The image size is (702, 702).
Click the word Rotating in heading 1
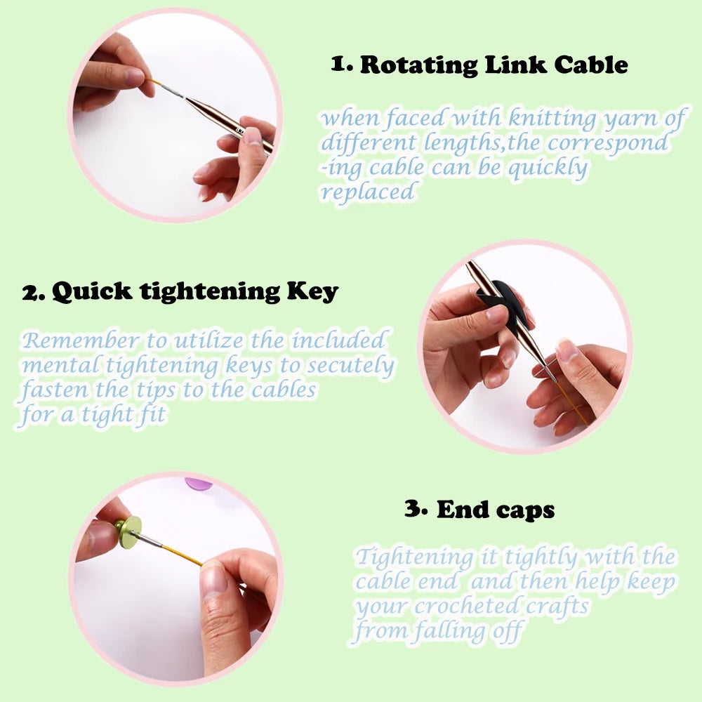pos(419,65)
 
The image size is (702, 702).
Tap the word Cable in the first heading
pos(591,65)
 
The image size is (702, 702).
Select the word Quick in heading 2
pos(92,291)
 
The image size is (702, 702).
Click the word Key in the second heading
pos(312,292)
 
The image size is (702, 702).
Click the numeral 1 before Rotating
pos(338,64)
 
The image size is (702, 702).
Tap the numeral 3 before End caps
pos(413,508)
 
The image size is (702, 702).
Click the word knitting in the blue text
pos(552,119)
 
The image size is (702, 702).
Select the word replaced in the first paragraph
pos(368,192)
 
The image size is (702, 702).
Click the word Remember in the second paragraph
pos(81,340)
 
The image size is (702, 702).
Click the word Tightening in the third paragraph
pos(414,558)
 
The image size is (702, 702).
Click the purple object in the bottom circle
pos(199,484)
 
